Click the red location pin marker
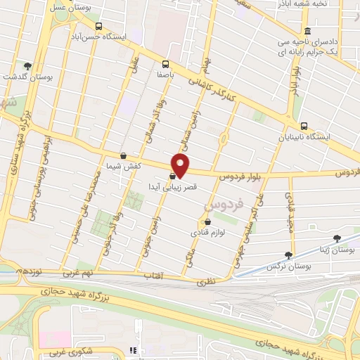coord(181,165)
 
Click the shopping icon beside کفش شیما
coord(124,156)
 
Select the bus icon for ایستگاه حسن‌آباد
coord(98,24)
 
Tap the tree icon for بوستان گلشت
coord(27,65)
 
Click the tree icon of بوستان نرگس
coord(288,255)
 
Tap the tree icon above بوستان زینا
coord(336,239)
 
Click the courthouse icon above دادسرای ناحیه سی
coord(307,31)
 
